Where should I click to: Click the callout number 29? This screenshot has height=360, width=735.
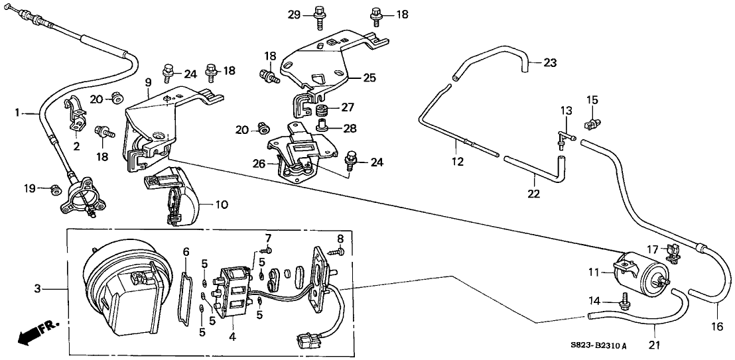coord(294,14)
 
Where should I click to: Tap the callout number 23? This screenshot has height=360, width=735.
coord(550,63)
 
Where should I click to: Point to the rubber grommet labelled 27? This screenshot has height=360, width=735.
coord(323,109)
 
